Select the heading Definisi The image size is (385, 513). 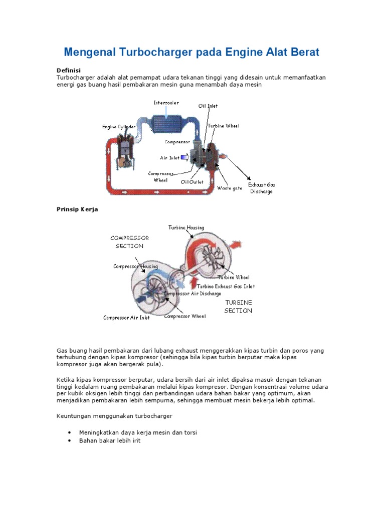(69, 70)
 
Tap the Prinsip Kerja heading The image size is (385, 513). (77, 209)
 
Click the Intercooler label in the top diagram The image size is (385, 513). (166, 103)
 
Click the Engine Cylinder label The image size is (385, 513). (119, 127)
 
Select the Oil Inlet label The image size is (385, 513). (208, 106)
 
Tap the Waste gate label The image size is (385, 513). (230, 188)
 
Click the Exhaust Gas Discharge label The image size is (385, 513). (262, 188)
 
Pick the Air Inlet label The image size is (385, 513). (169, 158)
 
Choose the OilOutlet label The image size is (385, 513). (192, 182)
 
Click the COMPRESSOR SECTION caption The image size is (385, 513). (129, 242)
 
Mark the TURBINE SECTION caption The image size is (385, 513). (238, 307)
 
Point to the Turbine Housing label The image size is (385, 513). (186, 227)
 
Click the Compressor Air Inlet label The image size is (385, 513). (126, 318)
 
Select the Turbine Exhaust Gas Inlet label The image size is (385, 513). (226, 287)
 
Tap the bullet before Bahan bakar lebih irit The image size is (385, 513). (69, 441)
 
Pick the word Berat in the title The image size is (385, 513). (304, 52)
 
